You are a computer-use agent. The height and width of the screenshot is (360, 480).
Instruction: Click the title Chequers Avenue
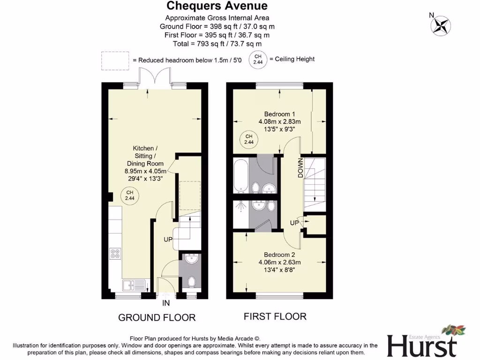[x=217, y=6]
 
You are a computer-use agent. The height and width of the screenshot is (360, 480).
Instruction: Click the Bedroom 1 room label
[x=279, y=121]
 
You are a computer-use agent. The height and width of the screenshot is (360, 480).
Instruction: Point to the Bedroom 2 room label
[x=279, y=262]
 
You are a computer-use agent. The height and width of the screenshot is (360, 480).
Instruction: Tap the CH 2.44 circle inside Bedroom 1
[x=249, y=139]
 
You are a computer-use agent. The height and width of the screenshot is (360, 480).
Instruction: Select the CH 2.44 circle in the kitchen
[x=130, y=195]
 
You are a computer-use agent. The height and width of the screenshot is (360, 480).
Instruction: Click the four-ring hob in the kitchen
[x=115, y=254]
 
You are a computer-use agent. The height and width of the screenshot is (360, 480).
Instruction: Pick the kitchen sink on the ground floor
[x=133, y=284]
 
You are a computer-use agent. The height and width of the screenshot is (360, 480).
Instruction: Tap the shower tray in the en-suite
[x=241, y=214]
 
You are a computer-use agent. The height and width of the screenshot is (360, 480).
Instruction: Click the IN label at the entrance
[x=166, y=303]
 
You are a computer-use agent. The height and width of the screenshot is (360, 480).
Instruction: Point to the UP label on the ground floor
[x=168, y=240]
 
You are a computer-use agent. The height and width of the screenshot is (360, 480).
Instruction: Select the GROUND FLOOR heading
[x=157, y=317]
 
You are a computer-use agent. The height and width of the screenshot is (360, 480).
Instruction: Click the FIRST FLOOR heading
[x=275, y=316]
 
